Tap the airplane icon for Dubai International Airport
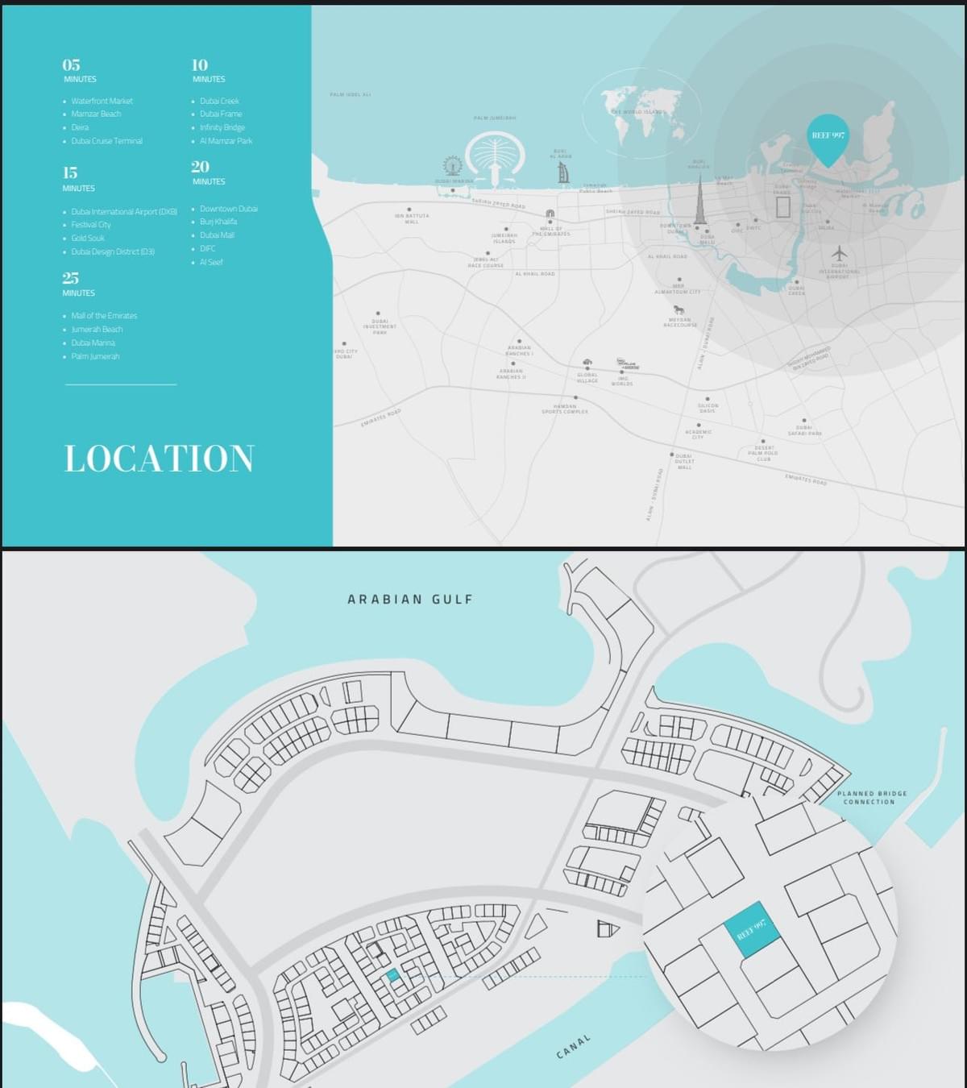(x=839, y=253)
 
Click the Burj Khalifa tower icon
(x=700, y=201)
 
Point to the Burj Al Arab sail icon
(x=563, y=172)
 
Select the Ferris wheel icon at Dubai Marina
(x=453, y=166)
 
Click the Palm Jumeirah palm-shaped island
(x=495, y=156)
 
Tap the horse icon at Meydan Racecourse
(x=679, y=309)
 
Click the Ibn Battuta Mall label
(x=412, y=218)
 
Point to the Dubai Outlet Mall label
(x=684, y=461)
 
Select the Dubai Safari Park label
(x=804, y=430)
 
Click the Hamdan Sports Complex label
(x=565, y=409)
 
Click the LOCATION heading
(x=160, y=459)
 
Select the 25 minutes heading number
(x=71, y=278)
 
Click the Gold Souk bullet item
(x=88, y=239)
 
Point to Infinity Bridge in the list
(x=222, y=127)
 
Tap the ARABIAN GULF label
(x=410, y=600)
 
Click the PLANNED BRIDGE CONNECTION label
(x=872, y=797)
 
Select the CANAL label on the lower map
(x=573, y=1047)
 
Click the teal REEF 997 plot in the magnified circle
(x=752, y=929)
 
